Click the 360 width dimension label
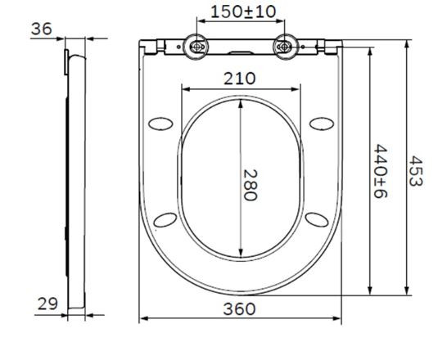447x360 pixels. point(239,308)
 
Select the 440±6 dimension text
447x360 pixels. point(382,171)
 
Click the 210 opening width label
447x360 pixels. point(239,79)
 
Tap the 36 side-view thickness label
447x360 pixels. point(42,29)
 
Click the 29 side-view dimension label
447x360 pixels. point(47,303)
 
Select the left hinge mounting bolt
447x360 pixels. point(197,48)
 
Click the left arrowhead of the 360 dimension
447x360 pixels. point(143,320)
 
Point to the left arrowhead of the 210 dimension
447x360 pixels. point(182,89)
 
